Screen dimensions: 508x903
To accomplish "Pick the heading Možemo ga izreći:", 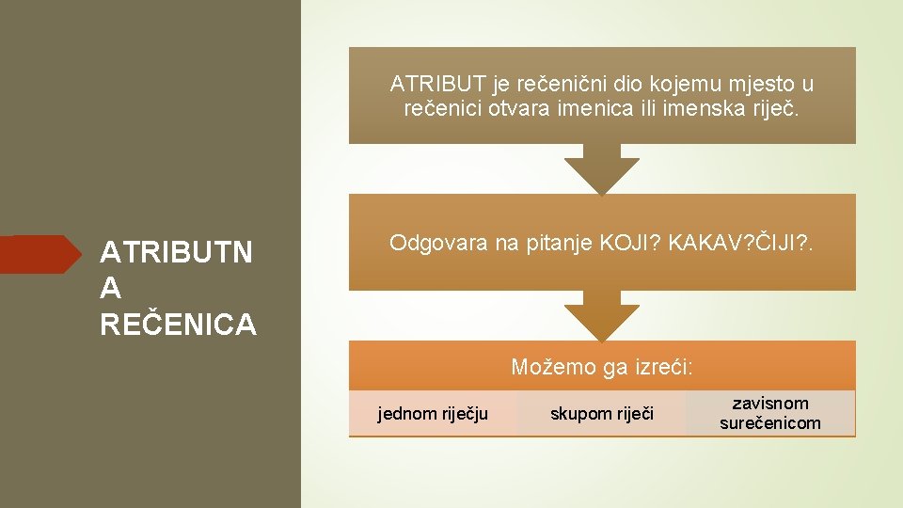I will [602, 367].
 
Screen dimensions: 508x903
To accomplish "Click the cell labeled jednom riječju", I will [433, 414].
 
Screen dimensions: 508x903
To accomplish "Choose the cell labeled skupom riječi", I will [601, 414].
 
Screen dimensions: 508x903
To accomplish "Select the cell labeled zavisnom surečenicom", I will [770, 414].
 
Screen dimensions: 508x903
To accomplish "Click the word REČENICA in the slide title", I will [178, 325].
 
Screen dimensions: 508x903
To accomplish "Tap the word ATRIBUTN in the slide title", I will [176, 253].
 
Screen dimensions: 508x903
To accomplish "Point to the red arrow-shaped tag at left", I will [41, 254].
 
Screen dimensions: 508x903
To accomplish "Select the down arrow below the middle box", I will [602, 317].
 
